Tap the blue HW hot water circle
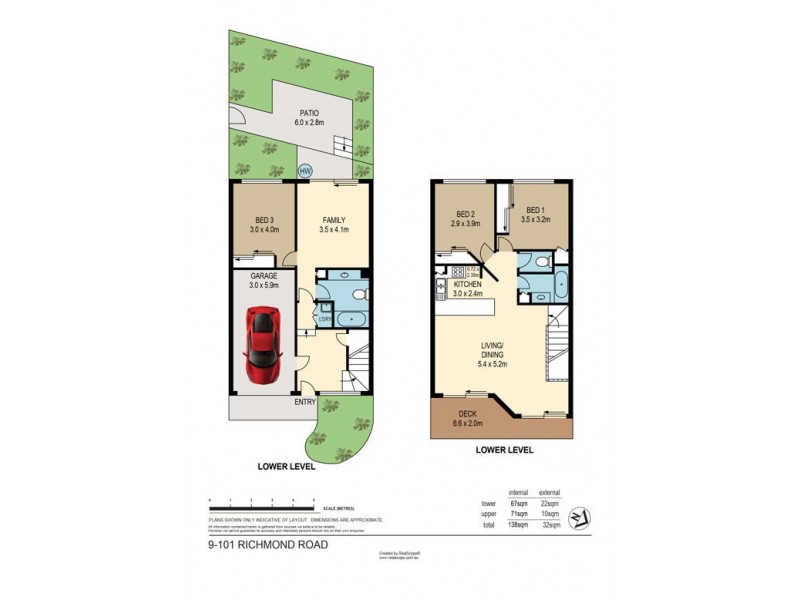pos(305,171)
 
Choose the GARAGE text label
pos(263,279)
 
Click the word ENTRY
pos(305,403)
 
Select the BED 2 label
pos(465,214)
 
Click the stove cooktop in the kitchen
pos(460,271)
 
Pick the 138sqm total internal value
pos(518,525)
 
